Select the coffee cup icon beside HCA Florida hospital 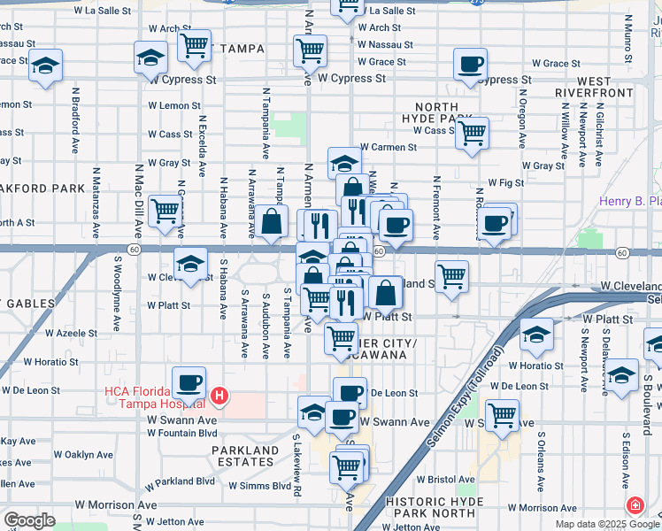click(188, 382)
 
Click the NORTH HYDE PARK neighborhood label click(436, 112)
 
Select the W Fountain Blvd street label click(181, 433)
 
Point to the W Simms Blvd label click(259, 486)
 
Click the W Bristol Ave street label click(446, 479)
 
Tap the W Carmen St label click(388, 147)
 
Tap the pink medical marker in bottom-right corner click(635, 506)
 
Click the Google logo click(29, 520)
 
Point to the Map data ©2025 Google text click(607, 525)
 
